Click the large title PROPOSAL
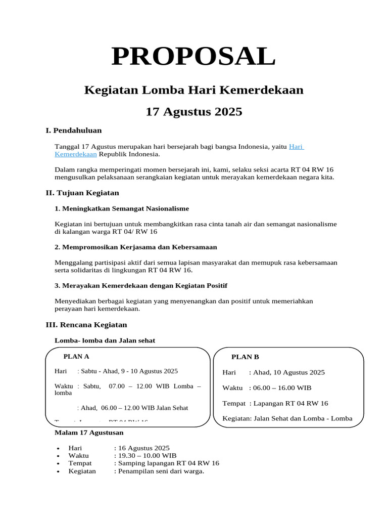[193, 56]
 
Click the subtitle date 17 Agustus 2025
[194, 112]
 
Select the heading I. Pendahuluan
[74, 131]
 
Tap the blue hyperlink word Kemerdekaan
[75, 154]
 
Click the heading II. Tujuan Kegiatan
[82, 193]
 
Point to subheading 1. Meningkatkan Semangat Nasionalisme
[121, 208]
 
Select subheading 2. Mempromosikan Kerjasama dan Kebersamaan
[135, 247]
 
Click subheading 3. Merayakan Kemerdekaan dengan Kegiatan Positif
[140, 286]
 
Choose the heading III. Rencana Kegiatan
[86, 325]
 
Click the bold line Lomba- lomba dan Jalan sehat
[105, 340]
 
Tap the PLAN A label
[76, 356]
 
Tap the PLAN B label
[245, 357]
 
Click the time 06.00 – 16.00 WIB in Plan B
[280, 388]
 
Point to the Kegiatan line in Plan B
[287, 418]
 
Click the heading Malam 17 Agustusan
[88, 433]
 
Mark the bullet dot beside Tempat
[59, 463]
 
